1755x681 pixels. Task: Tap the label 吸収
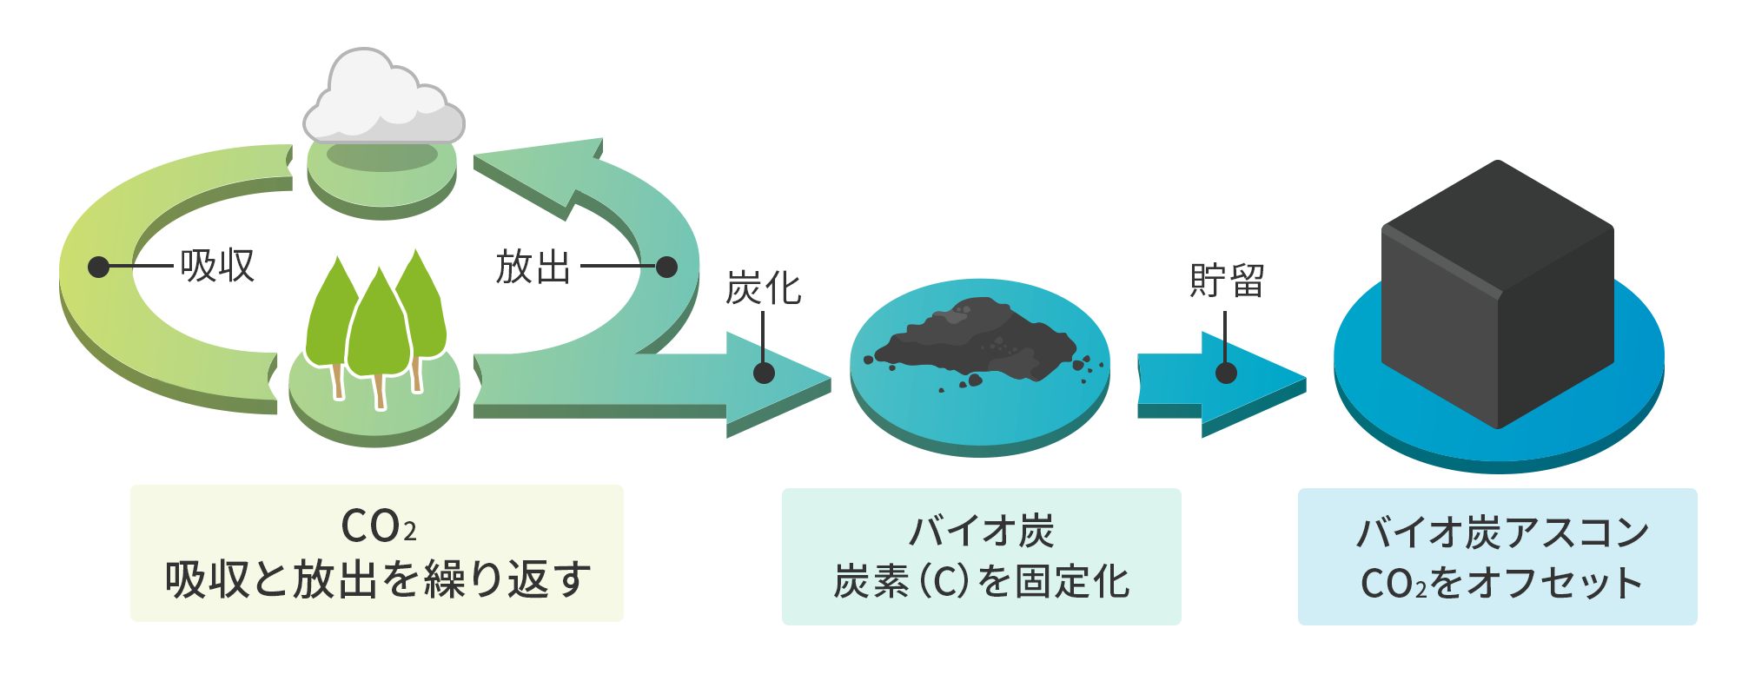coord(217,266)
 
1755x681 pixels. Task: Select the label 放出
coord(533,267)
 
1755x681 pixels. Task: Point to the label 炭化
coord(763,288)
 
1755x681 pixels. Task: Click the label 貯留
coord(1226,281)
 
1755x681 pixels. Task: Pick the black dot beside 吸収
coord(99,267)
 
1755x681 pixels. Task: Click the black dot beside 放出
coord(666,267)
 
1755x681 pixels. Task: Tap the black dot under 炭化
coord(764,373)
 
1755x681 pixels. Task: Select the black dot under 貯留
coord(1226,373)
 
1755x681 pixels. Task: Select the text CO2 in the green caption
coord(378,526)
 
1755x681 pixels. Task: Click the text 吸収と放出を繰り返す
coord(378,579)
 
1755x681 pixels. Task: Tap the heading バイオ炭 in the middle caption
coord(981,531)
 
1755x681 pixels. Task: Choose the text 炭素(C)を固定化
coord(981,581)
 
